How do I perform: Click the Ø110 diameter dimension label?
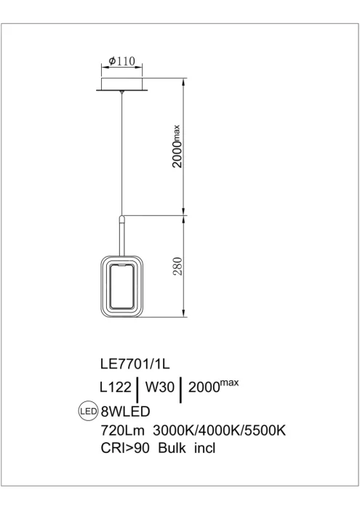tap(121, 60)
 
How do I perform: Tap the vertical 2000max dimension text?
tap(177, 146)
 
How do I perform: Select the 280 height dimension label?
tap(178, 266)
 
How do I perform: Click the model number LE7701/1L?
tap(135, 364)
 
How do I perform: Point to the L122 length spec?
tap(116, 387)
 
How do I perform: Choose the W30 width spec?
tap(160, 387)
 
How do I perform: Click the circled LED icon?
tap(89, 412)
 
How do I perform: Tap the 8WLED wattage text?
tap(126, 412)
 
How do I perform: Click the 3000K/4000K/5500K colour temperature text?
tap(219, 430)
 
